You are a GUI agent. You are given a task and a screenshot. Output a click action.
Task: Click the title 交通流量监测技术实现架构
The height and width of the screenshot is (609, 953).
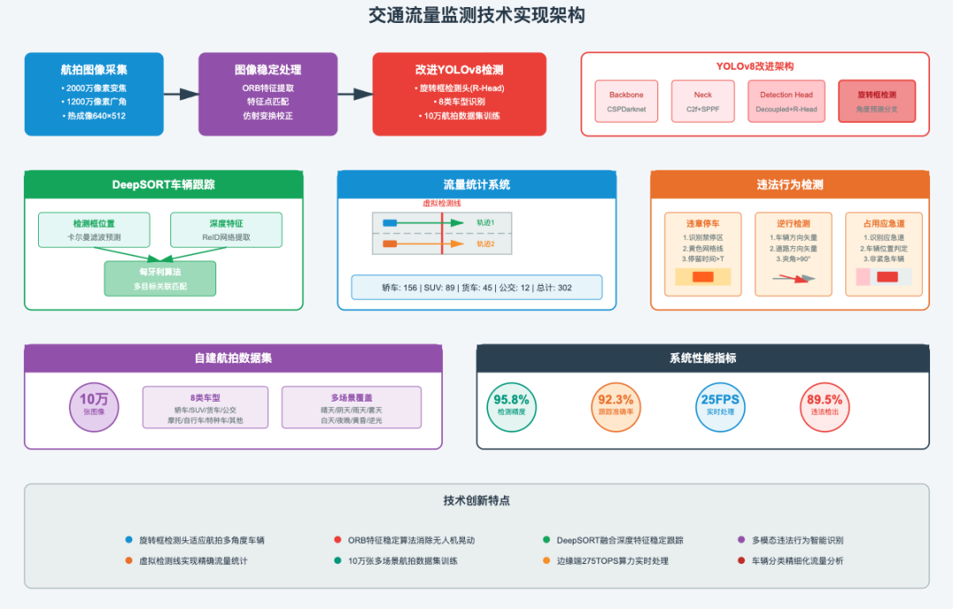coord(476,16)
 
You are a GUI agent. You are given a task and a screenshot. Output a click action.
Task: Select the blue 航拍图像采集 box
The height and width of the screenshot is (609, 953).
coord(94,94)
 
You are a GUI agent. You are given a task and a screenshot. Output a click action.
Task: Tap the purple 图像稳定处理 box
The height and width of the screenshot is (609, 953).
coord(267,94)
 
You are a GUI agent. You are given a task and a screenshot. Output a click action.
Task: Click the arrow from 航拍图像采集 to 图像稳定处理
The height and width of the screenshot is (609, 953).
coord(181,94)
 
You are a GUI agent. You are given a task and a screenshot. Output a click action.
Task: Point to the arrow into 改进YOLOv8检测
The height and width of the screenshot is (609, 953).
coord(355,94)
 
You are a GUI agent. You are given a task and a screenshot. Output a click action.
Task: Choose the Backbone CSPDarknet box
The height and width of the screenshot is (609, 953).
coord(627,101)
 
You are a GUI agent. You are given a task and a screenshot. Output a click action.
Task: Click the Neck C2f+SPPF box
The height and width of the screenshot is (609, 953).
coord(702,101)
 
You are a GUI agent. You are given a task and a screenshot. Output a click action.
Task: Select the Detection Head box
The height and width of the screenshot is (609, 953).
coord(786,101)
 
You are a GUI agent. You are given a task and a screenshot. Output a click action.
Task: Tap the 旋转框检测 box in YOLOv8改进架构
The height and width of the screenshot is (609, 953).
coord(876,101)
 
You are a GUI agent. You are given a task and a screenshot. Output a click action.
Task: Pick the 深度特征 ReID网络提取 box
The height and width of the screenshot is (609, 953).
coord(226,229)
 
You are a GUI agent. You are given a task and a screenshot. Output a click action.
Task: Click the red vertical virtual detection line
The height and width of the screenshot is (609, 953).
coord(441,233)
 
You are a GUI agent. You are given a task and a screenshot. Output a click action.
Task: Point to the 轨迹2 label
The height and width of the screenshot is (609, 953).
coord(486,244)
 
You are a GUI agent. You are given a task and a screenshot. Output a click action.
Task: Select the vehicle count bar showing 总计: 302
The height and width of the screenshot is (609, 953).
coord(476,288)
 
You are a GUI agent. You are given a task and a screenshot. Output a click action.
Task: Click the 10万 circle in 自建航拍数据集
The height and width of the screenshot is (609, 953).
coord(94,404)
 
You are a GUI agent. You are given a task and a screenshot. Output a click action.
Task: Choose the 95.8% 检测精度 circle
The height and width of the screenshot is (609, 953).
coord(512,405)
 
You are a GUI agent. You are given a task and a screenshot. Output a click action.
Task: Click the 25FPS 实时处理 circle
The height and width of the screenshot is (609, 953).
coord(720,405)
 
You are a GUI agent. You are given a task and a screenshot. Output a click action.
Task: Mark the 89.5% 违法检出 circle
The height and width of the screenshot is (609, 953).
coord(824,405)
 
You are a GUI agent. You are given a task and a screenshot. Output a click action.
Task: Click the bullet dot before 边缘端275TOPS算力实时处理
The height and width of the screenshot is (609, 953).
coord(547,560)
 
